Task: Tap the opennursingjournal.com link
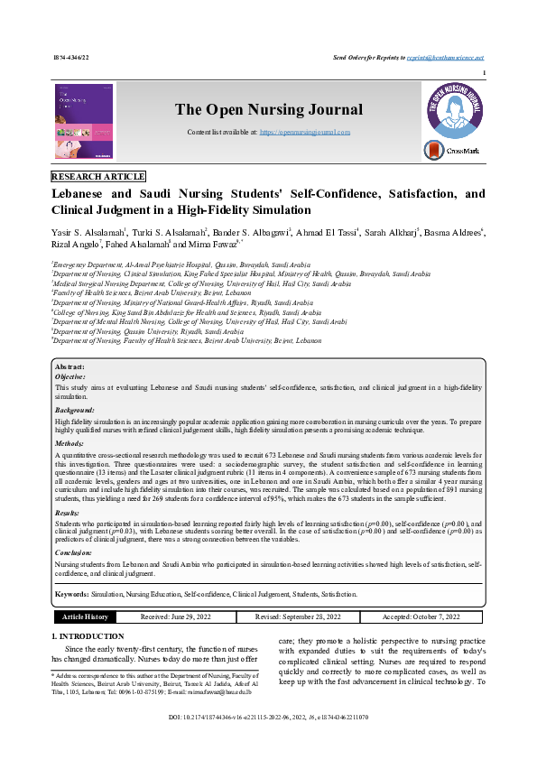(x=305, y=132)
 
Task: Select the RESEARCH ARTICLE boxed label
(x=98, y=177)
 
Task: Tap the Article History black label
(x=84, y=616)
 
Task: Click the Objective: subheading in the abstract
(x=72, y=376)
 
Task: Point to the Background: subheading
(x=75, y=411)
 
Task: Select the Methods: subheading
(x=69, y=444)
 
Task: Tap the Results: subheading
(x=69, y=511)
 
